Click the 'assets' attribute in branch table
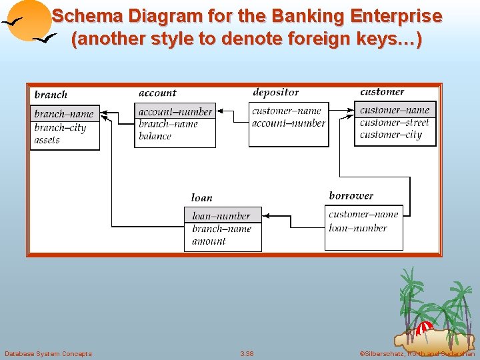[x=47, y=140]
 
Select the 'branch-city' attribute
[x=60, y=127]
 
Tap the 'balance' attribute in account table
[x=155, y=136]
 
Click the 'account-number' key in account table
[x=175, y=112]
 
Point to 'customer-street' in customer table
[x=395, y=123]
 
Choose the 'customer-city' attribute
[x=391, y=135]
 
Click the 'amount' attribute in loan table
[x=209, y=241]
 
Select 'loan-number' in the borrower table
[x=358, y=228]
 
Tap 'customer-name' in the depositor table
[x=287, y=111]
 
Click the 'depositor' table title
[x=276, y=93]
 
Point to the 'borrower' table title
[x=351, y=196]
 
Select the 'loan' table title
[x=202, y=197]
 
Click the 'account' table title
[x=158, y=93]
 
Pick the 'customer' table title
[x=382, y=92]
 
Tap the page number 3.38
[x=247, y=353]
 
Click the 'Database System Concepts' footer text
[x=48, y=353]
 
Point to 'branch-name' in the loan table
[x=222, y=229]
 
